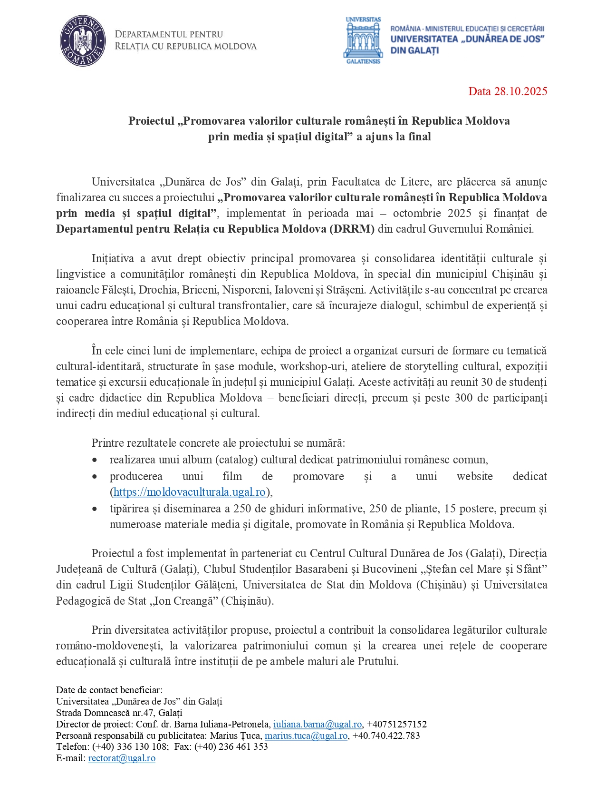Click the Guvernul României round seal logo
click(83, 40)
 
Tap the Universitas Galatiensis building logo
click(363, 40)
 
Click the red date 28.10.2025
click(508, 91)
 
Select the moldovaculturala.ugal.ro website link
click(189, 492)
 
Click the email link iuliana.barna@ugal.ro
click(317, 725)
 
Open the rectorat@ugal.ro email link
click(122, 758)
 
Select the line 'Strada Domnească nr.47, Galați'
click(119, 713)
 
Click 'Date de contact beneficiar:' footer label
click(109, 690)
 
